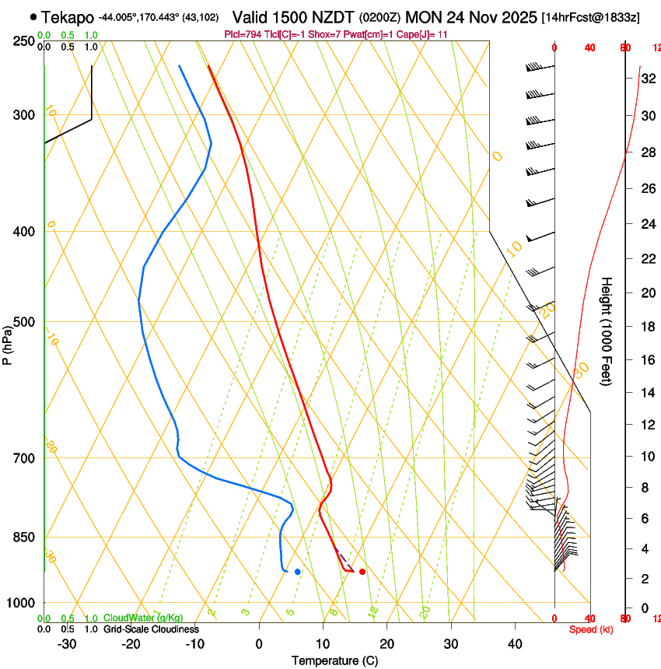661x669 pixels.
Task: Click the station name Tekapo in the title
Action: [x=68, y=16]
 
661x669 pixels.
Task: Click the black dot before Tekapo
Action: [x=33, y=16]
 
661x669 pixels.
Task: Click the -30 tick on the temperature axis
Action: [x=68, y=644]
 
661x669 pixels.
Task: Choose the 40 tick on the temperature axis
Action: [x=515, y=644]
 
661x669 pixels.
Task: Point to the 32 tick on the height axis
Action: [x=645, y=78]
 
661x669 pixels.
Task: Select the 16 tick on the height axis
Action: [x=645, y=359]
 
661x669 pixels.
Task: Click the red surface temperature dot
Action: [x=362, y=572]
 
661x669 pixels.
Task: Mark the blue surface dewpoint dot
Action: [x=298, y=572]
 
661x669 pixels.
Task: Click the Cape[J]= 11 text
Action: [x=423, y=34]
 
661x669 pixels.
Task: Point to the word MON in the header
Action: [x=424, y=16]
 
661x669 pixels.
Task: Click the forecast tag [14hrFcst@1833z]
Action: [x=591, y=17]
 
